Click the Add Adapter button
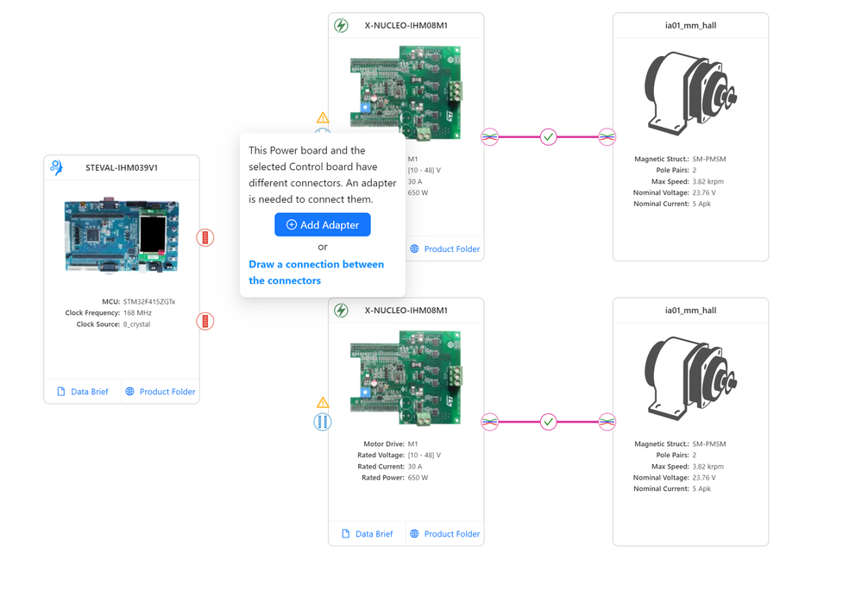tap(323, 225)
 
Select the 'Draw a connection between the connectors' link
tap(316, 273)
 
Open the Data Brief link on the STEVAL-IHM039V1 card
tap(82, 392)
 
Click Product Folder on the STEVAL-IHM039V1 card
tap(160, 392)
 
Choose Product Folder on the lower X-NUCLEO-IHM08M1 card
tap(444, 534)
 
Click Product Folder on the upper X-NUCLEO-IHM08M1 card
tap(444, 249)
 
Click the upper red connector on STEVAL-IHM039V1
tap(205, 237)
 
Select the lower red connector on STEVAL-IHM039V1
tap(205, 321)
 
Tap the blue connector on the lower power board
tap(323, 422)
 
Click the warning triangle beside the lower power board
tap(323, 403)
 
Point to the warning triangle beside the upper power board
tap(323, 117)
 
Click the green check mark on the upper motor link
tap(549, 136)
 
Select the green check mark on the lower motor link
tap(549, 422)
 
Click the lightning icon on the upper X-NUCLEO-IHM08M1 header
tap(342, 26)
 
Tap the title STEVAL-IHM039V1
tap(122, 168)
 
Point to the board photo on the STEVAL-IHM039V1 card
tap(122, 236)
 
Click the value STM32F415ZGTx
tap(149, 302)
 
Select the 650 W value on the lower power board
tap(418, 478)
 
